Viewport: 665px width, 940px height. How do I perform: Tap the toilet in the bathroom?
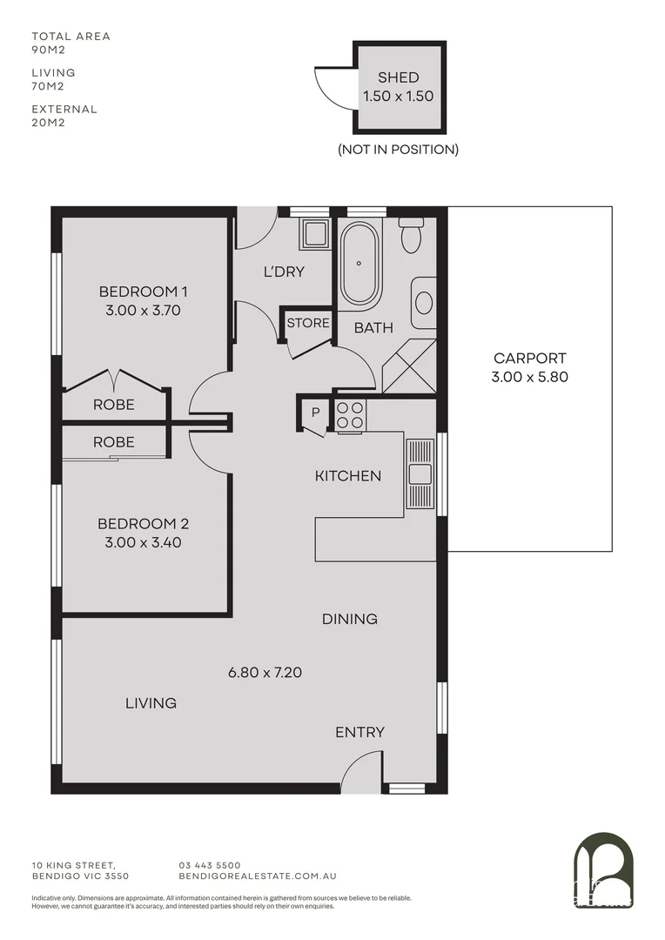click(x=411, y=235)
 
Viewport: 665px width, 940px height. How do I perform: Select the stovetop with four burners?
click(x=351, y=416)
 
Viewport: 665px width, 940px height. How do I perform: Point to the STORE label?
click(x=308, y=323)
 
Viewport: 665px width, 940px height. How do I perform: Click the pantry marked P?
click(x=315, y=412)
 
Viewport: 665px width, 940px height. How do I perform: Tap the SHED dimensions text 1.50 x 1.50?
click(x=399, y=97)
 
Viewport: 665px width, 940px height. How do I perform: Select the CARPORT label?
click(x=529, y=358)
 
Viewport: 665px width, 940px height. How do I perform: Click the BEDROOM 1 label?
click(x=144, y=291)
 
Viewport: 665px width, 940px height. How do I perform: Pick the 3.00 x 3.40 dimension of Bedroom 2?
click(x=144, y=542)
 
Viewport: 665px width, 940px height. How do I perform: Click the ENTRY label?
click(x=359, y=732)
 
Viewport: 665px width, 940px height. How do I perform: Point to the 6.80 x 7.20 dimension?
click(x=265, y=672)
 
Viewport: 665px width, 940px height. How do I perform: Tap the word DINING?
click(x=350, y=619)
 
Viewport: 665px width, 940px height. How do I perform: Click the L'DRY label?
click(x=284, y=272)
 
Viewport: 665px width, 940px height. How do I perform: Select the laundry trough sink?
click(x=314, y=234)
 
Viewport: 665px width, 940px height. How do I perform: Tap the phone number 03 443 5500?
click(x=210, y=865)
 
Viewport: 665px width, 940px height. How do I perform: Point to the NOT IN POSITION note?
click(x=398, y=149)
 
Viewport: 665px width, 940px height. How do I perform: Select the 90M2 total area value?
click(x=47, y=50)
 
